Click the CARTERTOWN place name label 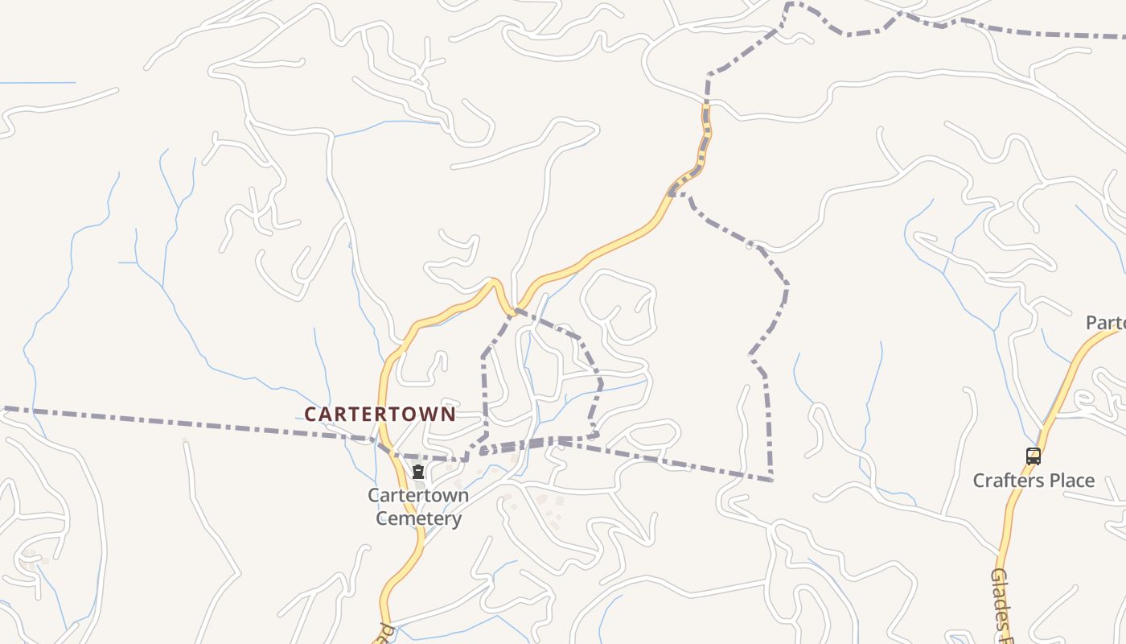380,414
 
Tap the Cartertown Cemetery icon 417,472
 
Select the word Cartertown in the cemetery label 418,495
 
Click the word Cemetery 418,518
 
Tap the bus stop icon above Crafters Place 1034,456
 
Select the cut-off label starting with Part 1105,323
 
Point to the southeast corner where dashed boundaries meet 771,480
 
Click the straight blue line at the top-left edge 37,82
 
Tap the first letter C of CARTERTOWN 310,414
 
